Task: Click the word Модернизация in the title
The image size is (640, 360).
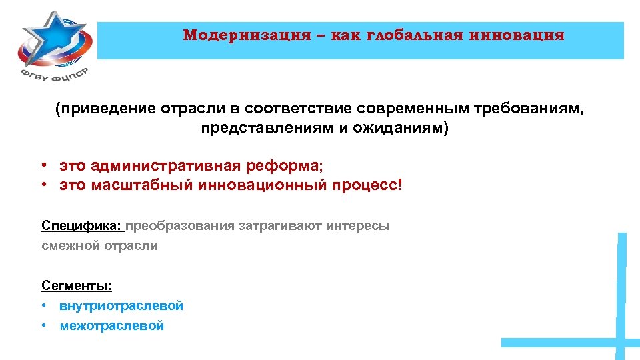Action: [247, 35]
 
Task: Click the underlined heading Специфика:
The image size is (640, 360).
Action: [82, 225]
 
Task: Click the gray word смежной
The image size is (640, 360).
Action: [70, 246]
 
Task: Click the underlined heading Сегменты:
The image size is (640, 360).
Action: [77, 286]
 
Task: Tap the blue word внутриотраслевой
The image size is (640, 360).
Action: [121, 306]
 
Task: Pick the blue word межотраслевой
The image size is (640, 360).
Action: [111, 326]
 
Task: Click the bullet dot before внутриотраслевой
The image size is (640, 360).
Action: [42, 306]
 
